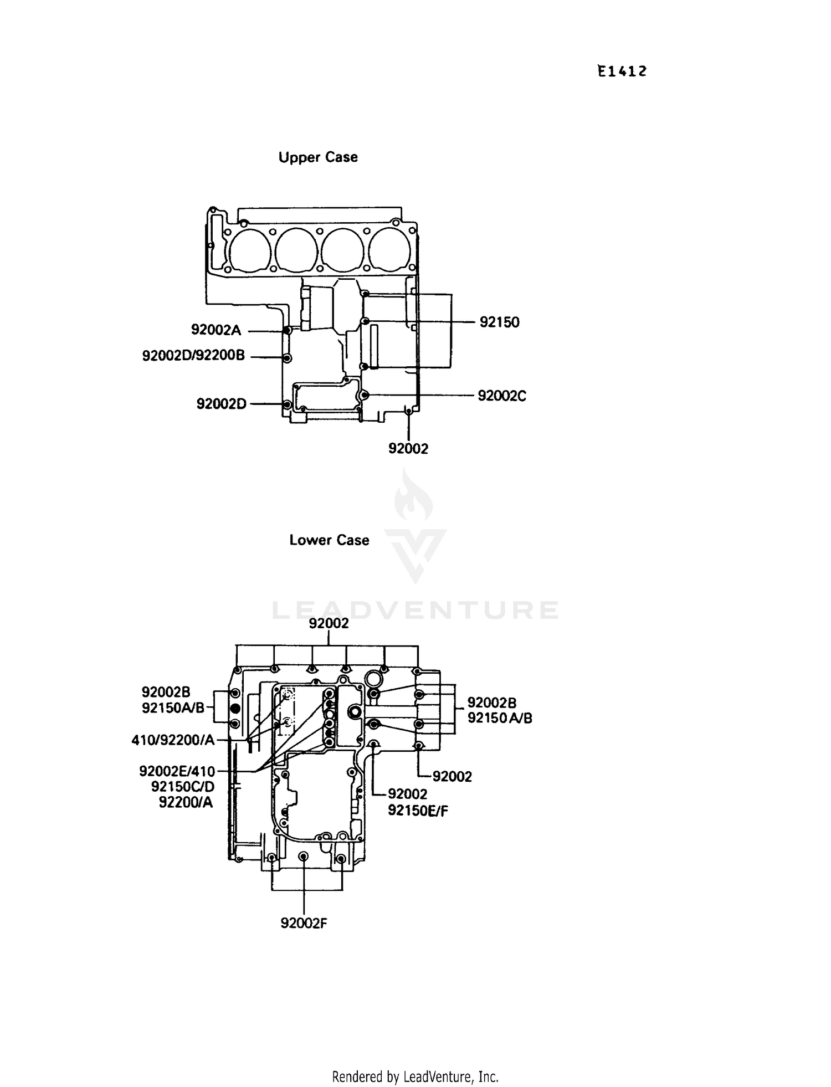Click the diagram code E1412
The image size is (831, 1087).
click(622, 71)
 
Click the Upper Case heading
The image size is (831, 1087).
click(318, 157)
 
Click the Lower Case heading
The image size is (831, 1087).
click(329, 540)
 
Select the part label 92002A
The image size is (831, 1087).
click(216, 330)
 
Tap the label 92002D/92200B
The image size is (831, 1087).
click(193, 356)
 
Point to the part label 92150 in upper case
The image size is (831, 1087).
click(499, 322)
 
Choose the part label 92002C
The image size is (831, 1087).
click(501, 396)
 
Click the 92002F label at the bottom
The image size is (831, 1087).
click(304, 924)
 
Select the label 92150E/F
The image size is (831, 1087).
click(418, 811)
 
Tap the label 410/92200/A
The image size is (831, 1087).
click(173, 740)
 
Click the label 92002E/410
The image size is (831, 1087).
click(177, 771)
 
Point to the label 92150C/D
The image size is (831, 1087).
click(183, 787)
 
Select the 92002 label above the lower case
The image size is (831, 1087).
click(329, 624)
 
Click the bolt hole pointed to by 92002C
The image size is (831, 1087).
click(364, 395)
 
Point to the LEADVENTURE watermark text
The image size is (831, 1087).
click(415, 610)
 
